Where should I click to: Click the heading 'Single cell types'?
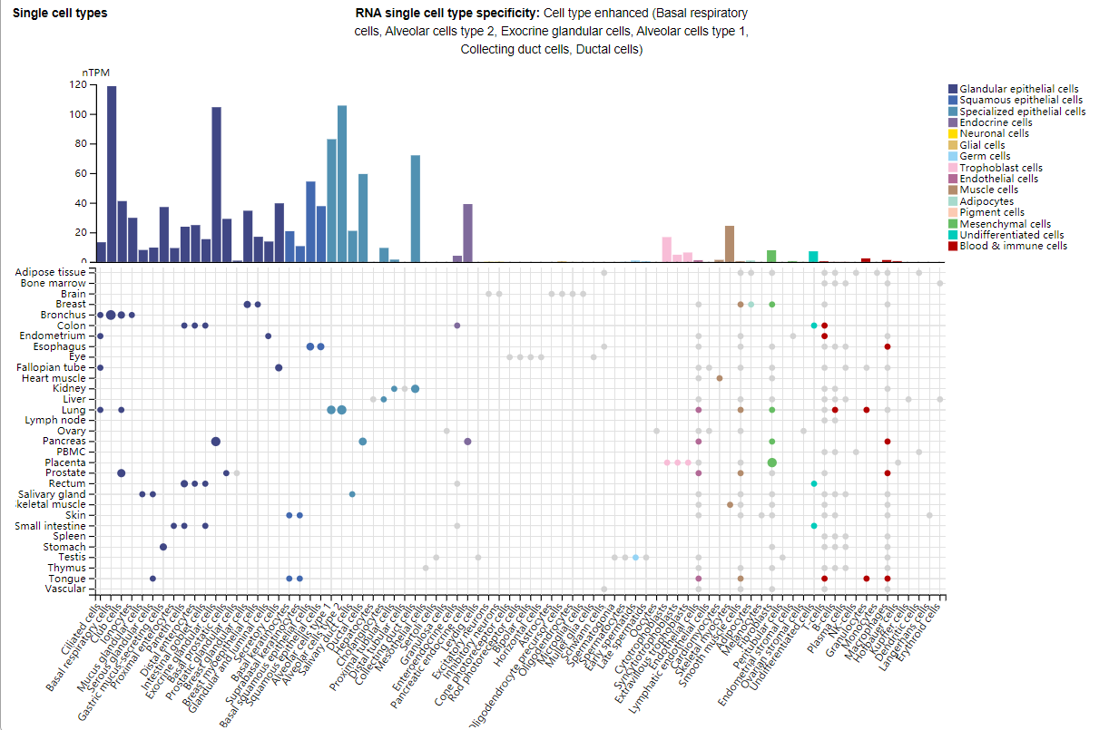(x=59, y=14)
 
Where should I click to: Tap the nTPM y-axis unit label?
(x=95, y=72)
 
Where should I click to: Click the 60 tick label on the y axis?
(x=80, y=173)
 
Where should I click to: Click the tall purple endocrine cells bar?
(x=468, y=233)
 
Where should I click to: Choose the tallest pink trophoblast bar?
(x=667, y=249)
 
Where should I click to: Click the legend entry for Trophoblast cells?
(x=1001, y=168)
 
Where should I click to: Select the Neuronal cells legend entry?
(x=994, y=133)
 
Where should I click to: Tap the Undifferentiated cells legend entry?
(x=1009, y=235)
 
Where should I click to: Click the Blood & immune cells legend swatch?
(x=953, y=246)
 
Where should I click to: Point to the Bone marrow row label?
(x=54, y=283)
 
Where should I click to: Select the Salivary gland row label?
(x=52, y=493)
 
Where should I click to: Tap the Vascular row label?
(x=65, y=589)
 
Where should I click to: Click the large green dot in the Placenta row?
(x=771, y=462)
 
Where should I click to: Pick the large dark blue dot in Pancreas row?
(x=216, y=442)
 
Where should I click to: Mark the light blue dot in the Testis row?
(x=635, y=557)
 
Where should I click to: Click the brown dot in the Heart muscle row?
(x=719, y=378)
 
